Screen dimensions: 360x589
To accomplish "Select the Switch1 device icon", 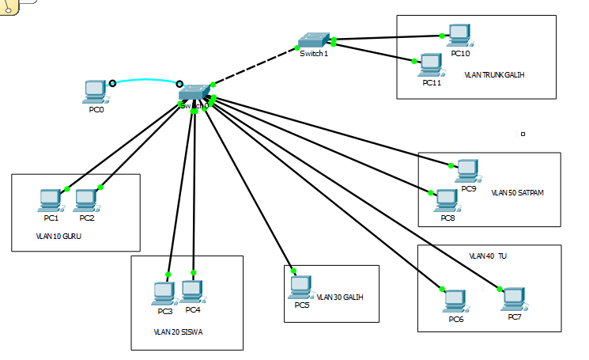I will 314,40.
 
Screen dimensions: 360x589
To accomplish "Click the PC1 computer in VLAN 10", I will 50,201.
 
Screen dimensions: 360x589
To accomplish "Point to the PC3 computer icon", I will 164,294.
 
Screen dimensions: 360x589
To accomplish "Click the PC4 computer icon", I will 192,292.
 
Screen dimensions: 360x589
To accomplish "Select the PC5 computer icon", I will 300,286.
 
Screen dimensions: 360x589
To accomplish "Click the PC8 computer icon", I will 447,201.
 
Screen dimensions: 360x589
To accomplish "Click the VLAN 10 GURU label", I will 59,236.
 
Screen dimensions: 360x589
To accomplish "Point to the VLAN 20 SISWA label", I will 178,332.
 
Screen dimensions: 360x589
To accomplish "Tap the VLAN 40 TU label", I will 488,256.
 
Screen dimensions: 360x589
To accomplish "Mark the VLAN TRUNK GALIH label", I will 495,75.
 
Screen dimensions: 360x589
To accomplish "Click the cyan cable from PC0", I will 146,80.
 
